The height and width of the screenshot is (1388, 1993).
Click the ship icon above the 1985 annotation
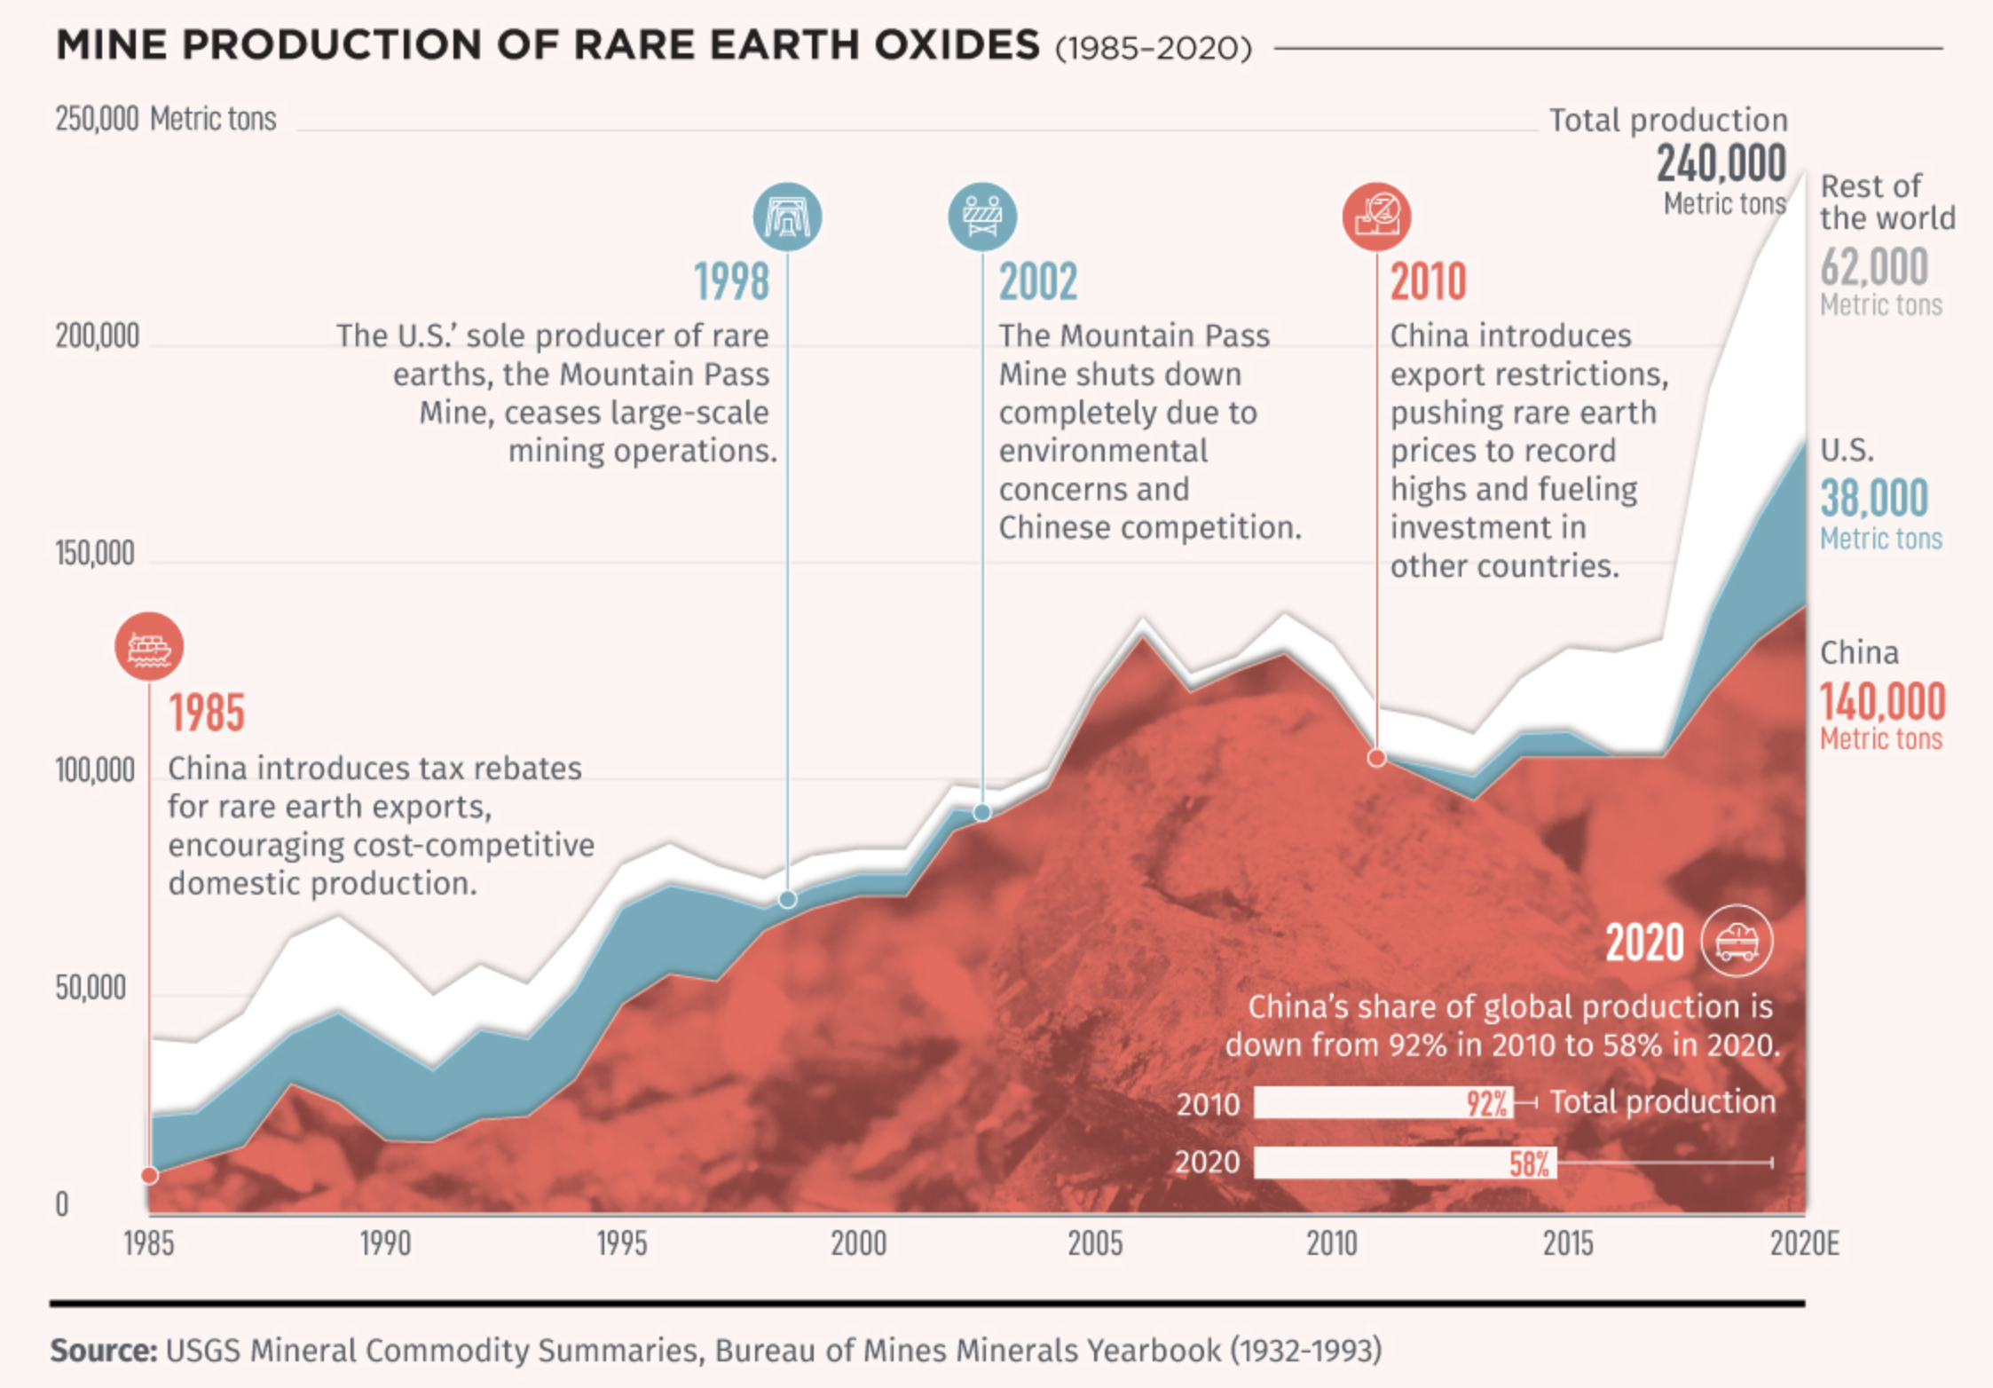click(149, 646)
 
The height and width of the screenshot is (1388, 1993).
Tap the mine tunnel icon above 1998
click(787, 217)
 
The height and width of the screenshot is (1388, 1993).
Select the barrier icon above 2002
click(982, 217)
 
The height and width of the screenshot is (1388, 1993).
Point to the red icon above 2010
click(1376, 217)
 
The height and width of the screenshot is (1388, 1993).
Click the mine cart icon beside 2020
click(1737, 941)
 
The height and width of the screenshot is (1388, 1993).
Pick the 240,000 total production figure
click(1721, 164)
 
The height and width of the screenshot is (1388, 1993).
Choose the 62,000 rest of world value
click(1874, 266)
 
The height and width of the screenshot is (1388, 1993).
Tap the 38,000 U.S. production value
click(1874, 498)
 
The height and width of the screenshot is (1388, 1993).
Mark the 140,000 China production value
click(1882, 702)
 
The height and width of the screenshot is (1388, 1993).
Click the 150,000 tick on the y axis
click(95, 554)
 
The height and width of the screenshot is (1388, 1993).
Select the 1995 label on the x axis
click(621, 1244)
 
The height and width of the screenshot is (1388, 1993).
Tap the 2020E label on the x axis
click(1804, 1244)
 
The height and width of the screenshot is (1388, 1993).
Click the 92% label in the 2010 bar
click(1486, 1103)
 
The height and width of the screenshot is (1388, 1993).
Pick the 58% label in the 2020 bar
click(1530, 1163)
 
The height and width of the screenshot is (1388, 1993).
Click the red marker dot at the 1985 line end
click(150, 1176)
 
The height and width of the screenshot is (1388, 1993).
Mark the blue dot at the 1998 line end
click(787, 900)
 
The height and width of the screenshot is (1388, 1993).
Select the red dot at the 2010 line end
click(1376, 758)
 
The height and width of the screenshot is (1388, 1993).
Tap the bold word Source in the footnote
click(103, 1351)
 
